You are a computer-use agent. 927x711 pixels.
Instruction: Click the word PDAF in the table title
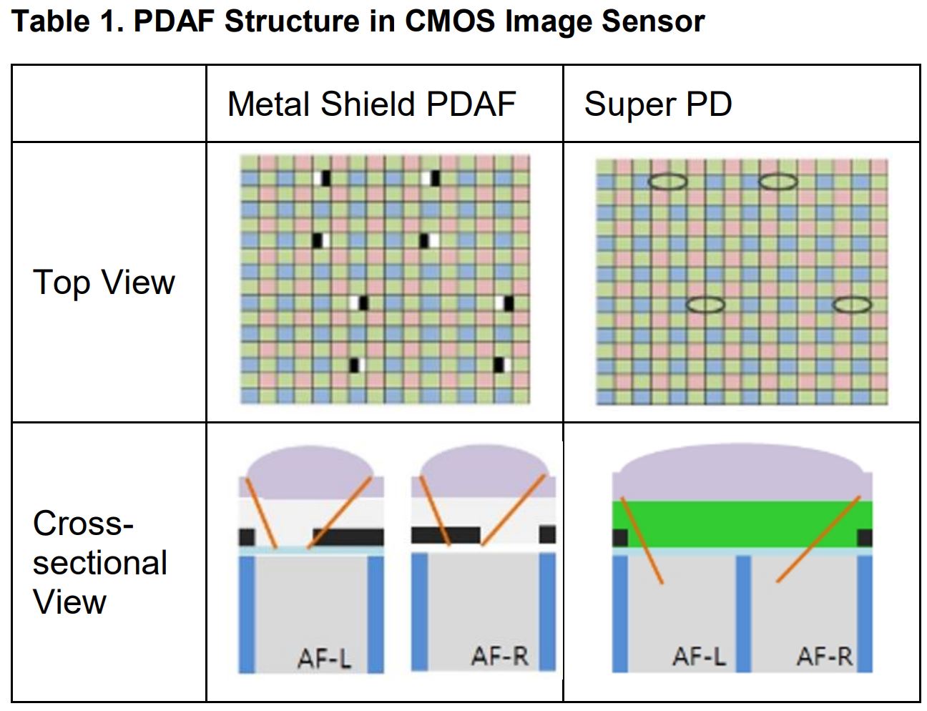tap(175, 21)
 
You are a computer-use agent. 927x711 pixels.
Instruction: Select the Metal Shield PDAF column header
tap(371, 104)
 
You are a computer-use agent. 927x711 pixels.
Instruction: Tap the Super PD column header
tap(658, 104)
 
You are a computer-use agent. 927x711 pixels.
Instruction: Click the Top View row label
tap(104, 282)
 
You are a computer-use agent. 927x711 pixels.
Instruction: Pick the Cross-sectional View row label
tap(100, 562)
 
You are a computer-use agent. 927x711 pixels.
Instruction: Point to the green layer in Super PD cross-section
tap(742, 524)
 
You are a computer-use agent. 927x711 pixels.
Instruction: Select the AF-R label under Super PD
tap(825, 656)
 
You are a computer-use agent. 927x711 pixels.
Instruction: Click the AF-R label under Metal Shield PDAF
tap(499, 655)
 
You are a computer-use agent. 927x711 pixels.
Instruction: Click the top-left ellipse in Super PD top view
tap(667, 182)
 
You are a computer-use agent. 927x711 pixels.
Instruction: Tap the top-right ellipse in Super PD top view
tap(778, 182)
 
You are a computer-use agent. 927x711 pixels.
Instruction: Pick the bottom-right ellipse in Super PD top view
tap(852, 305)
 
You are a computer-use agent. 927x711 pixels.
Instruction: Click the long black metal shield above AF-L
tap(348, 537)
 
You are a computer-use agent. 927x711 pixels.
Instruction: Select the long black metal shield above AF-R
tap(445, 534)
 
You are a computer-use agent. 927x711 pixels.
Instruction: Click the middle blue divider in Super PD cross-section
tap(743, 612)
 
